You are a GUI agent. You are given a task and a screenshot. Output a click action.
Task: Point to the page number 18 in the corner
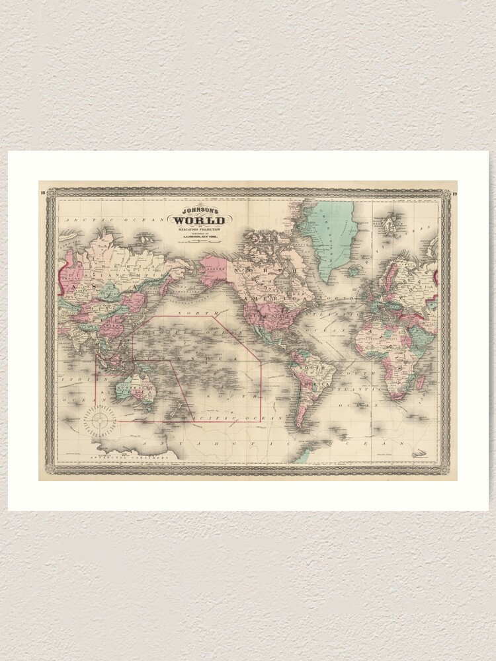[x=42, y=193]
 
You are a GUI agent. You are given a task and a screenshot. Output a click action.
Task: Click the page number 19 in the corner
[x=454, y=193]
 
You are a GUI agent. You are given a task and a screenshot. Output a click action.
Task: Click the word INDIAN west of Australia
[x=71, y=379]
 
